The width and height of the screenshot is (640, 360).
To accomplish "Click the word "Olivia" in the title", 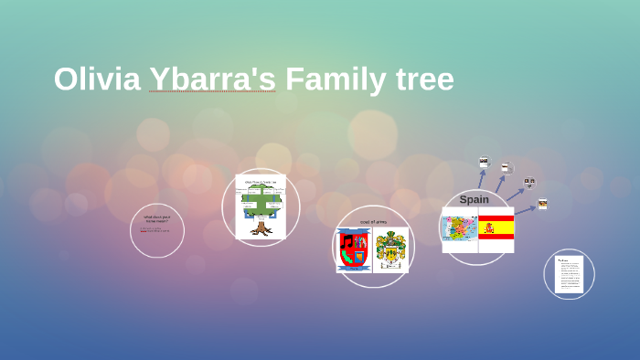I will (97, 79).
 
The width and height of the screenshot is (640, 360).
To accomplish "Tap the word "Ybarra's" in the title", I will (212, 79).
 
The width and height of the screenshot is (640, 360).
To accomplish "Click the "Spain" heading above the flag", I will (474, 199).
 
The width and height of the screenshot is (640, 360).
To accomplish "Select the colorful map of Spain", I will (460, 228).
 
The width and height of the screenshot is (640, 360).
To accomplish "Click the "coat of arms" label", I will (372, 222).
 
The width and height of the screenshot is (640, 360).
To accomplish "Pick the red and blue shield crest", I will (353, 250).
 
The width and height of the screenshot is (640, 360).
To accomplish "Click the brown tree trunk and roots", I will (261, 228).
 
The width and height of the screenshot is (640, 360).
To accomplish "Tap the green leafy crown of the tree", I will (261, 201).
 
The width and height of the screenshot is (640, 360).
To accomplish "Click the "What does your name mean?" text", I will (156, 219).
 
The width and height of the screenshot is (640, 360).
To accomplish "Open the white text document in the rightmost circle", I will (571, 274).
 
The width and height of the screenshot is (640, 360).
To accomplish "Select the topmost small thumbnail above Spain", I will (484, 162).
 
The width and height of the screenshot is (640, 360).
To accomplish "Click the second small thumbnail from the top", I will (506, 168).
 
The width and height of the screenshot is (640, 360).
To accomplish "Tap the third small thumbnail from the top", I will (529, 183).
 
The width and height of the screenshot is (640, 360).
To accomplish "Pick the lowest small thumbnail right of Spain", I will (542, 204).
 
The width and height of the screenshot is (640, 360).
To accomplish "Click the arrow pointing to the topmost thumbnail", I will (481, 179).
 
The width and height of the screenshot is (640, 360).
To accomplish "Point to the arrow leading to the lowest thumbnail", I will (525, 210).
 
